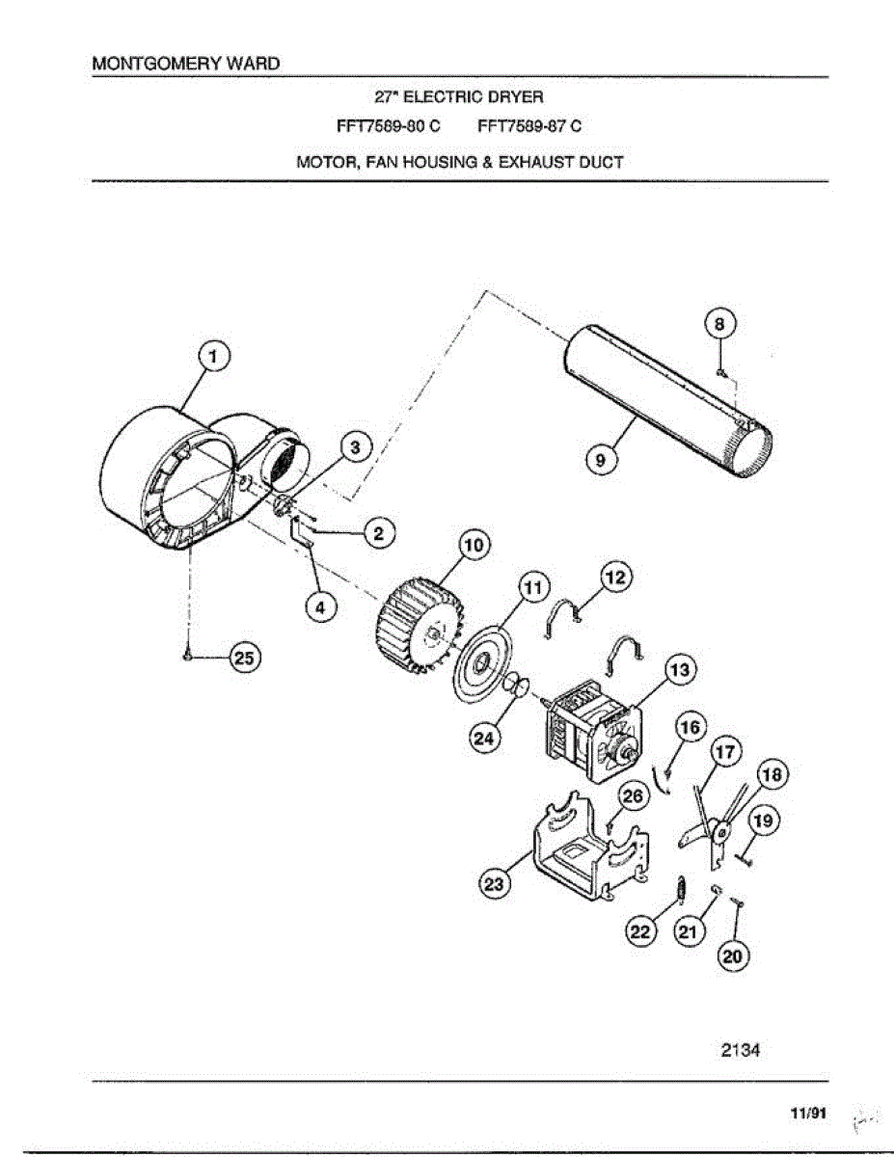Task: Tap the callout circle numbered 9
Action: (602, 460)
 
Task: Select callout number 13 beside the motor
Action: (679, 668)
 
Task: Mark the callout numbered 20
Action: (734, 955)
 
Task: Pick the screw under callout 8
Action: (720, 371)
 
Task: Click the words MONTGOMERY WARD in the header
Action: (185, 64)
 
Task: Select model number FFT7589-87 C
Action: (529, 126)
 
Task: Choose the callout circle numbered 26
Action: (632, 795)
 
